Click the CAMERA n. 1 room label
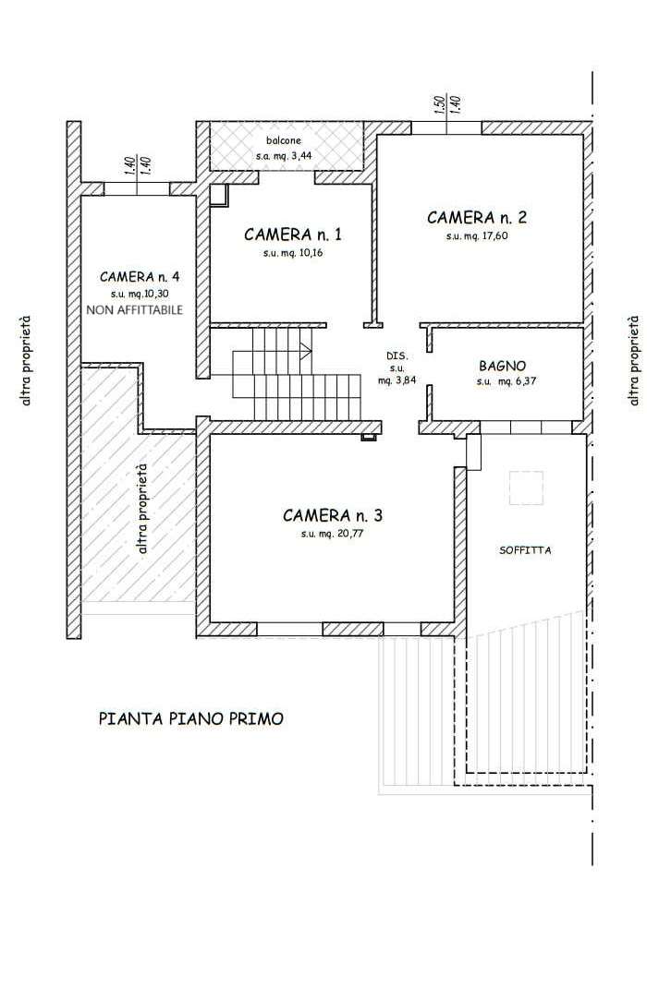point(293,235)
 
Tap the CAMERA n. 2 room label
point(476,218)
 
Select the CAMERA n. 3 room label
point(333,516)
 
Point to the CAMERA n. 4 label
point(140,277)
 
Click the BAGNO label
point(502,366)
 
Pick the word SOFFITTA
point(525,550)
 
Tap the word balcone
point(283,140)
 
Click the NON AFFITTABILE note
point(134,309)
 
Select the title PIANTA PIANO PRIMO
point(191,718)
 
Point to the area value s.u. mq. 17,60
point(477,236)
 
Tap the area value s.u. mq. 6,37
point(507,381)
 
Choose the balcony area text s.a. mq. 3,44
point(283,155)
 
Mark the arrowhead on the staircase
point(307,351)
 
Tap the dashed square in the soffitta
point(526,488)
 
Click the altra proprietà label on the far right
point(633,360)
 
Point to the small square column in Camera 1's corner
point(218,196)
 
